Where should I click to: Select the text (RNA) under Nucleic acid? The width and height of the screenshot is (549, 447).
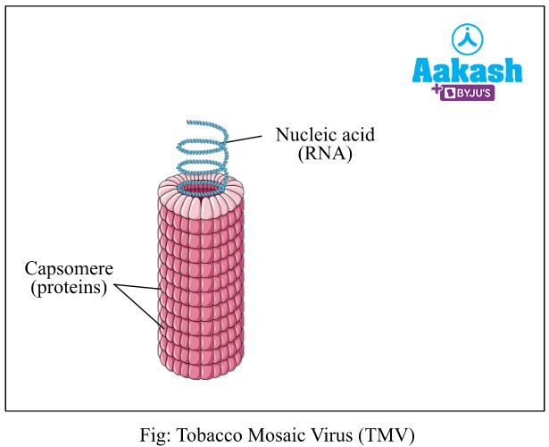326,154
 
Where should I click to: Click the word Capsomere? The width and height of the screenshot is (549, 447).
64,268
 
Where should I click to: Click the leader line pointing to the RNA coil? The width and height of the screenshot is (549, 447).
245,139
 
